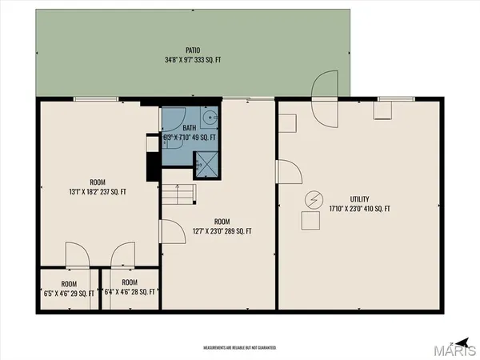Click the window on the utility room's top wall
390,99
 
